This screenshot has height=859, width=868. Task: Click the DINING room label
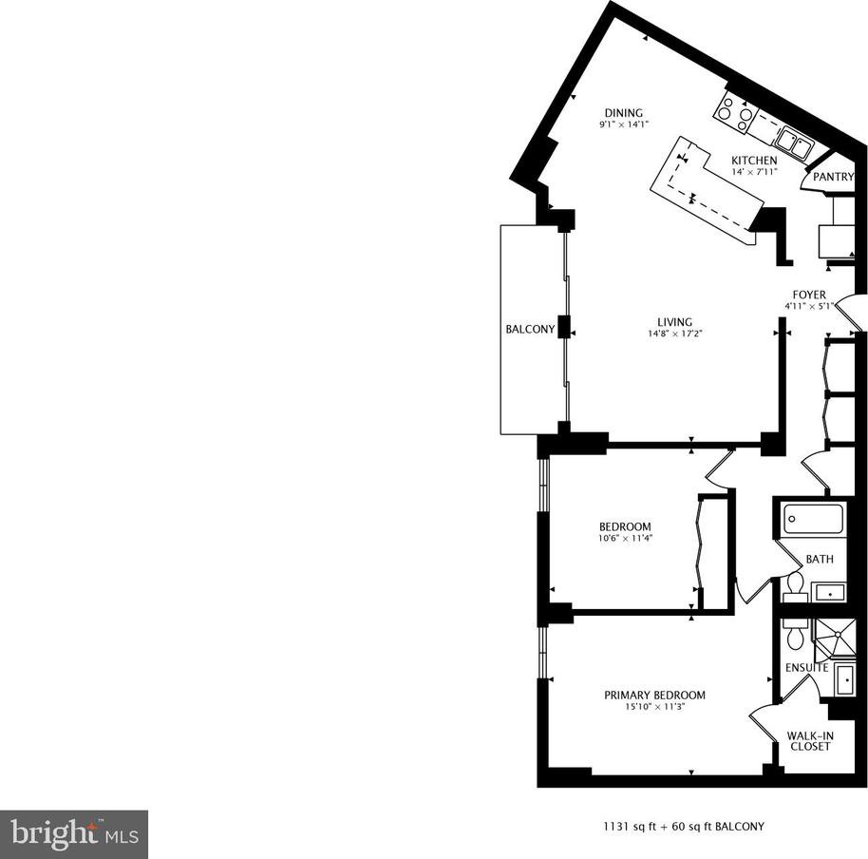pyautogui.click(x=623, y=113)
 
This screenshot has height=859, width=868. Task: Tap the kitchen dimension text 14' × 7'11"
pyautogui.click(x=755, y=172)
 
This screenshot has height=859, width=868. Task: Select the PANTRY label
pyautogui.click(x=833, y=177)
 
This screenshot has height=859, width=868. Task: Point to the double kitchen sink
pyautogui.click(x=794, y=143)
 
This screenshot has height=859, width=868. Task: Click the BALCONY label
pyautogui.click(x=530, y=330)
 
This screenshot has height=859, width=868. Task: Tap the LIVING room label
pyautogui.click(x=675, y=322)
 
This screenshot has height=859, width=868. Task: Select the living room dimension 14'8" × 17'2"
pyautogui.click(x=675, y=334)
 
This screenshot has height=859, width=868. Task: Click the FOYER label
pyautogui.click(x=809, y=295)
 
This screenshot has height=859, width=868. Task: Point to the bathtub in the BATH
pyautogui.click(x=813, y=519)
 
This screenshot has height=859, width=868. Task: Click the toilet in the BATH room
pyautogui.click(x=795, y=588)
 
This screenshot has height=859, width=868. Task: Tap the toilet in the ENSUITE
pyautogui.click(x=796, y=635)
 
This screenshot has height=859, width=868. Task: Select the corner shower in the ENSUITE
pyautogui.click(x=835, y=639)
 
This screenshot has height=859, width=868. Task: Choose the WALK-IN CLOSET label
pyautogui.click(x=810, y=741)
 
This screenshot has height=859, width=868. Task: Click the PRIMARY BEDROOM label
pyautogui.click(x=655, y=695)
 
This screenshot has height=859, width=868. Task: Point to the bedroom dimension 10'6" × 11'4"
pyautogui.click(x=626, y=538)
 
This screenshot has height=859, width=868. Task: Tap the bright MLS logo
pyautogui.click(x=74, y=834)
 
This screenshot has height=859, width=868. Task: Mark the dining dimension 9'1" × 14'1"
pyautogui.click(x=623, y=125)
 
